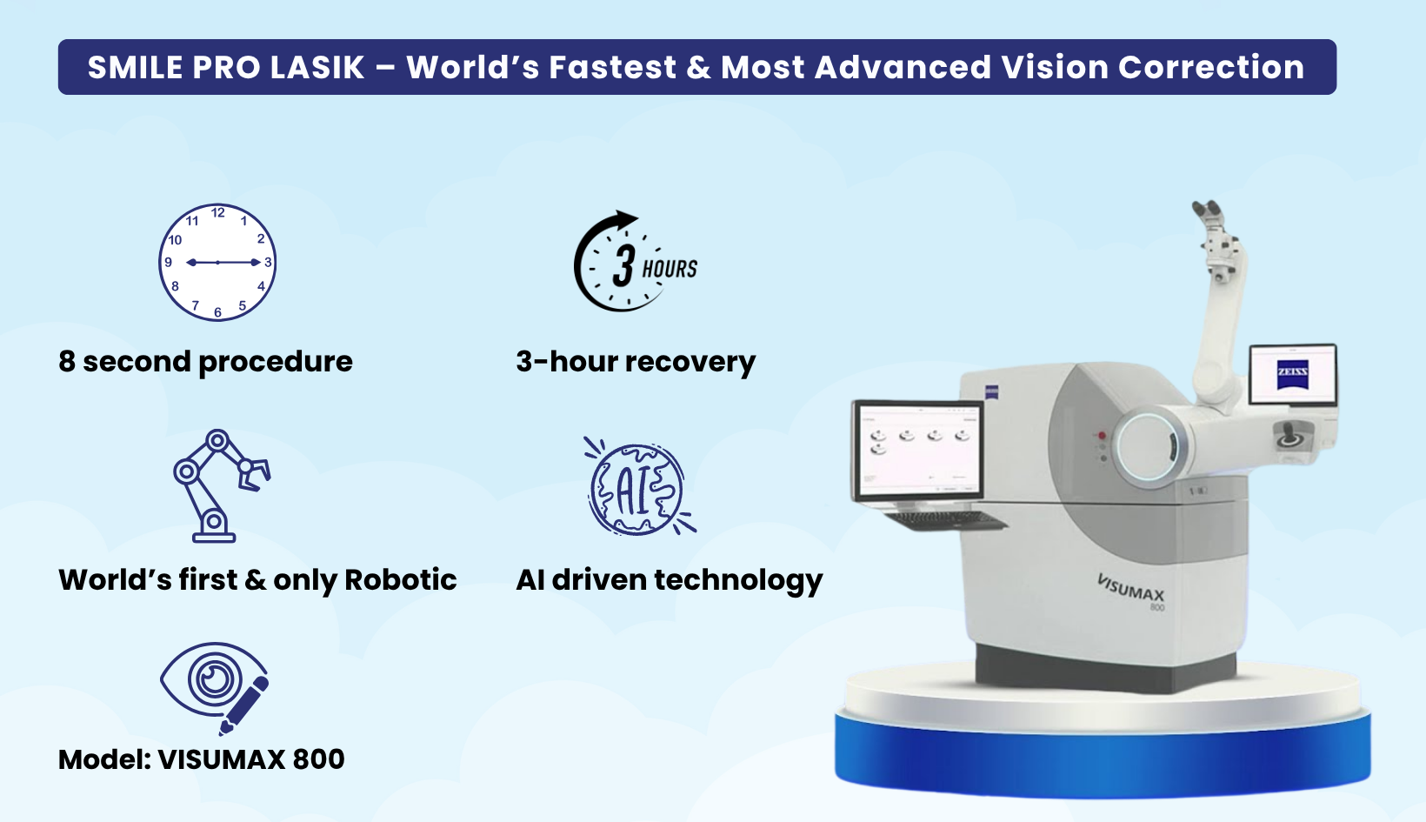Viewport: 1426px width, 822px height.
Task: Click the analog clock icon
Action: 217,263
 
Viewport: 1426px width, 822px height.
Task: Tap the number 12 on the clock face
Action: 217,212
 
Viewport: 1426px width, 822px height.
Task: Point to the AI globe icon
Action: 638,487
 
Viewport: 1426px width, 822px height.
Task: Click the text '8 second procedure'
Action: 205,362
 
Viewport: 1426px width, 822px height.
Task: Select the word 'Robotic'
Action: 401,579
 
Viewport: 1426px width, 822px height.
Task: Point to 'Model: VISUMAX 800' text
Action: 201,759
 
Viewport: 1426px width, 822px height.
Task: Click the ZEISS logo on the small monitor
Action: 1292,375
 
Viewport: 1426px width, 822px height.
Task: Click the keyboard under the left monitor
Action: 944,519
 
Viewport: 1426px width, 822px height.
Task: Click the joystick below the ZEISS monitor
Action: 1290,436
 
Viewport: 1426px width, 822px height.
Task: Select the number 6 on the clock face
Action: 217,312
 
